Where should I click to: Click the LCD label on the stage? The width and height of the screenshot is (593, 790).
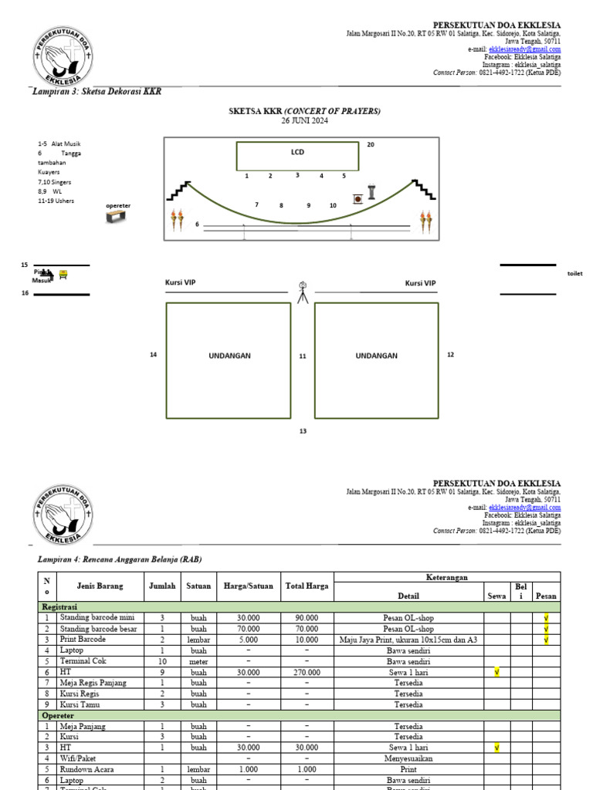pyautogui.click(x=297, y=152)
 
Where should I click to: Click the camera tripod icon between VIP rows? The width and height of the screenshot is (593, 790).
pyautogui.click(x=303, y=291)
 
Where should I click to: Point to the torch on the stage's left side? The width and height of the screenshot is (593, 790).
pyautogui.click(x=178, y=220)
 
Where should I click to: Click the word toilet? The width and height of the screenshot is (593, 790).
pyautogui.click(x=574, y=274)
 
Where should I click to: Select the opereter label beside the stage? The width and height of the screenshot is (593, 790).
pyautogui.click(x=118, y=206)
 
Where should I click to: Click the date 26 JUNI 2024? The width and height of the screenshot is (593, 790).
pyautogui.click(x=304, y=120)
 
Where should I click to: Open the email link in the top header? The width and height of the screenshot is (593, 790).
pyautogui.click(x=524, y=49)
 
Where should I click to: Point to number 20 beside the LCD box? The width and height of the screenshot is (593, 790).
pyautogui.click(x=371, y=145)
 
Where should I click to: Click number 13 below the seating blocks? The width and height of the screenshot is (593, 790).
pyautogui.click(x=303, y=431)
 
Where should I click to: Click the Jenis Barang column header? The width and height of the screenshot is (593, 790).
pyautogui.click(x=100, y=586)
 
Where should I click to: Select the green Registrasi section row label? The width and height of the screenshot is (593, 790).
pyautogui.click(x=59, y=607)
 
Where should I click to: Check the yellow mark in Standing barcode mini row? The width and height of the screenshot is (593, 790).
pyautogui.click(x=546, y=618)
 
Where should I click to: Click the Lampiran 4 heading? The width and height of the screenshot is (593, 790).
pyautogui.click(x=120, y=559)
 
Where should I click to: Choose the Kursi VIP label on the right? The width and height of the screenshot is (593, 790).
pyautogui.click(x=420, y=283)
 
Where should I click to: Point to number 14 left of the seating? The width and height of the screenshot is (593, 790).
pyautogui.click(x=154, y=355)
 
